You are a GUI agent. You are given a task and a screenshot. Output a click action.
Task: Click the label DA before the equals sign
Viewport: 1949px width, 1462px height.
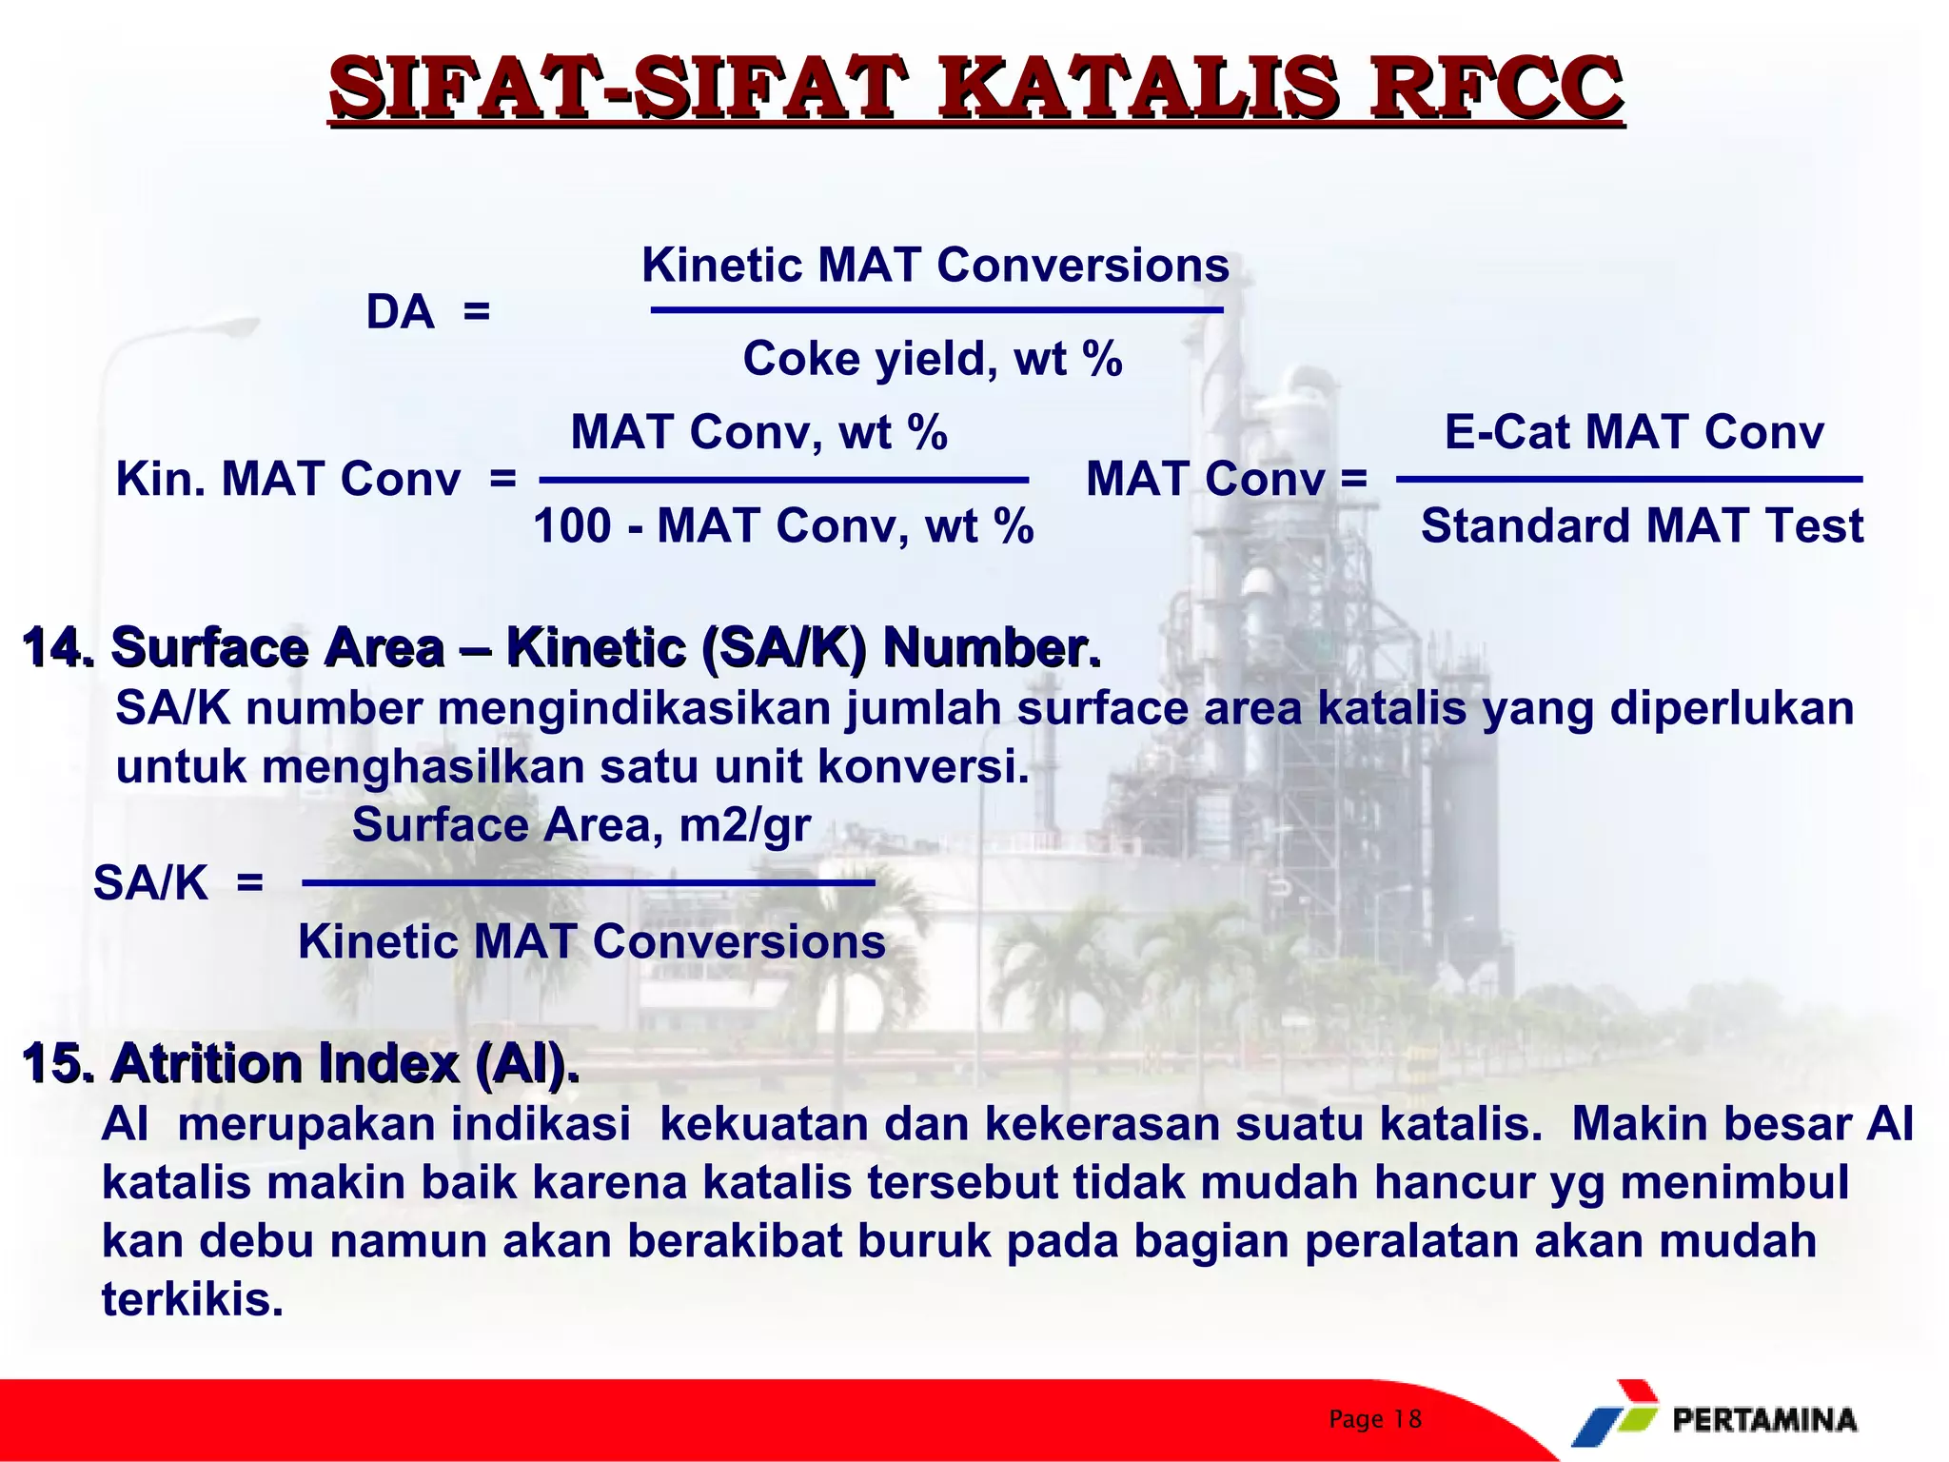coord(400,312)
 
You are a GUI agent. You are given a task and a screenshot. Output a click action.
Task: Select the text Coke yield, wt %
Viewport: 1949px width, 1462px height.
coord(933,359)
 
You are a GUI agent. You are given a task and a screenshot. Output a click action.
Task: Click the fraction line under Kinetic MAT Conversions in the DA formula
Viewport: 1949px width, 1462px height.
coord(936,310)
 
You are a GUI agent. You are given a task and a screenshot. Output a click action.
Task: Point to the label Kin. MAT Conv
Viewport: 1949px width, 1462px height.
coord(287,479)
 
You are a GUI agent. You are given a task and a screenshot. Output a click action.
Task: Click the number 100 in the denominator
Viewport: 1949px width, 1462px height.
coord(572,525)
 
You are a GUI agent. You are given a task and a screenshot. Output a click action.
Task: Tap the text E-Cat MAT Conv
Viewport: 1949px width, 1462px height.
coord(1634,431)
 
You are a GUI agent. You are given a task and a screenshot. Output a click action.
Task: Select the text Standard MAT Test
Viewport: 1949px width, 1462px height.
coord(1642,525)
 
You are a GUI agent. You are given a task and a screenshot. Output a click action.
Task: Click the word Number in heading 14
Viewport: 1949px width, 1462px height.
coord(990,648)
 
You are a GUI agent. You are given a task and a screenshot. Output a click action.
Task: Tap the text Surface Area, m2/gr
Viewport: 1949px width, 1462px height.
coord(581,824)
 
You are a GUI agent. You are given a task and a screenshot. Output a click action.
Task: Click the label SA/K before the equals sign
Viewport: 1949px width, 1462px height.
coord(150,883)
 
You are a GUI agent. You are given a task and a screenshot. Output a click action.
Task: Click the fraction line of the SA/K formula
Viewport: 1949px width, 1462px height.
coord(588,883)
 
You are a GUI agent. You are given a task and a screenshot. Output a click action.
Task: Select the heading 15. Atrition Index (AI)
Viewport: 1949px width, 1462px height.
coord(300,1063)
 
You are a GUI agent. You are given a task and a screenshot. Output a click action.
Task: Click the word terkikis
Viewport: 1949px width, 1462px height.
coord(192,1299)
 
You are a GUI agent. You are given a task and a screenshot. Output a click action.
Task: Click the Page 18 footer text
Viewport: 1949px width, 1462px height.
coord(1375,1419)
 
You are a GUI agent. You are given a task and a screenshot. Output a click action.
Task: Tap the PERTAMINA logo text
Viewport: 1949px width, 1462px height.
coord(1763,1420)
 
